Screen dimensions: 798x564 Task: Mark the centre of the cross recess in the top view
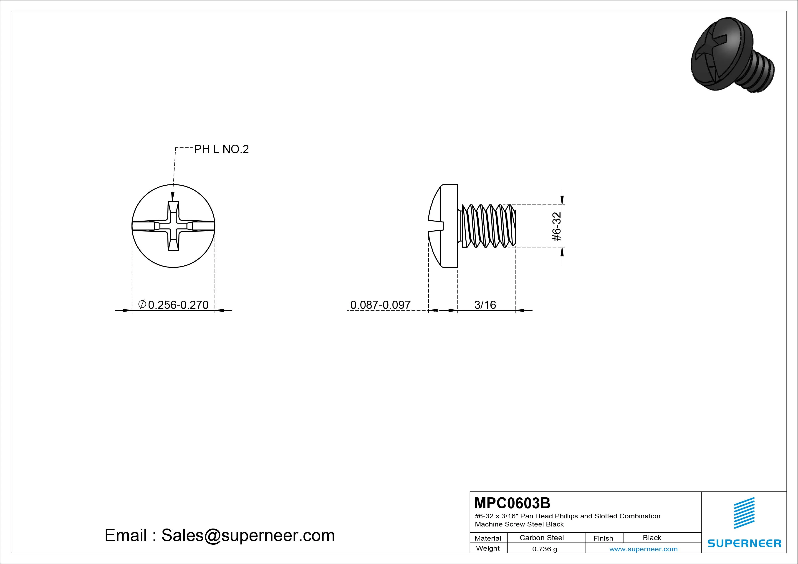(173, 226)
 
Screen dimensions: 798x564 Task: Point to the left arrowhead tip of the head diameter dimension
(132, 310)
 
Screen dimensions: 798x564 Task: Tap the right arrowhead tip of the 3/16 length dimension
(515, 310)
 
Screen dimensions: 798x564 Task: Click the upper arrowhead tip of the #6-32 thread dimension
(562, 205)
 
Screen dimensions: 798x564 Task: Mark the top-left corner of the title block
(470, 492)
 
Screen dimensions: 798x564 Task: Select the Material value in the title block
(541, 538)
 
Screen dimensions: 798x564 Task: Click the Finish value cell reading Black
(652, 538)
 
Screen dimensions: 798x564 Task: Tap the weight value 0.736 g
(545, 549)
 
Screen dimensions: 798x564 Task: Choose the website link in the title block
(643, 549)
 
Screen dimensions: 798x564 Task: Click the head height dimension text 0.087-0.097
(380, 305)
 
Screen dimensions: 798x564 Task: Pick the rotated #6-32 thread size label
(556, 226)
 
